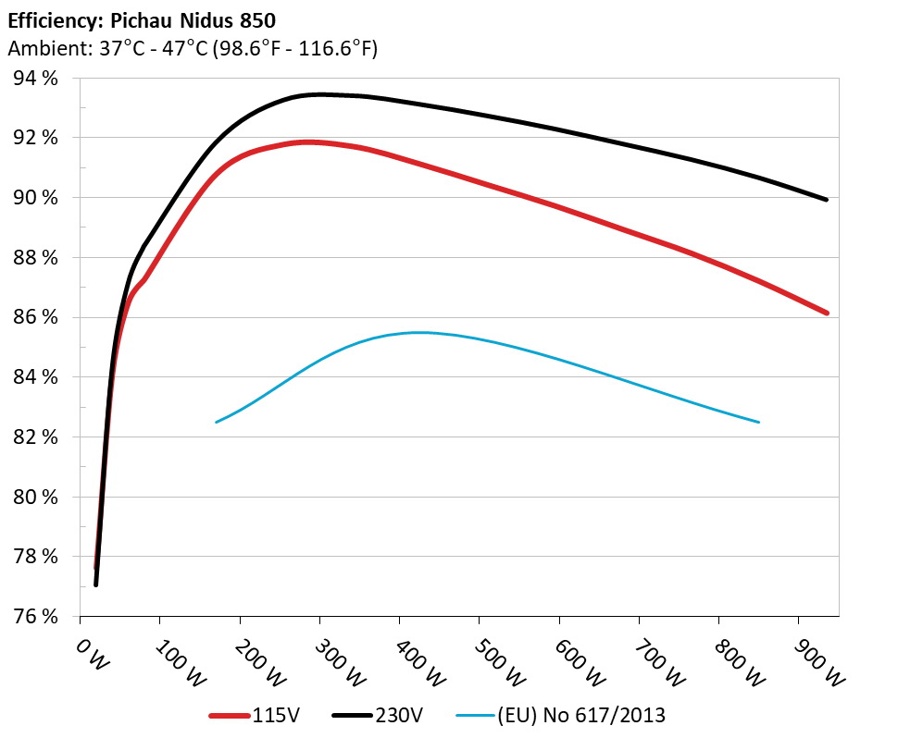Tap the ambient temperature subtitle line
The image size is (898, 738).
(193, 48)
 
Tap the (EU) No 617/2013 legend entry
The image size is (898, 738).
(559, 715)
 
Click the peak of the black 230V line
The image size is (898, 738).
(319, 94)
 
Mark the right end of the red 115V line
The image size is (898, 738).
(826, 313)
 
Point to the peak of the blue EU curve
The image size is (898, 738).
(418, 332)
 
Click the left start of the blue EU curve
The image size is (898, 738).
(217, 422)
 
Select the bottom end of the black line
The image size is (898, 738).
(95, 584)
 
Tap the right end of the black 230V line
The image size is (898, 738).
(826, 199)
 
